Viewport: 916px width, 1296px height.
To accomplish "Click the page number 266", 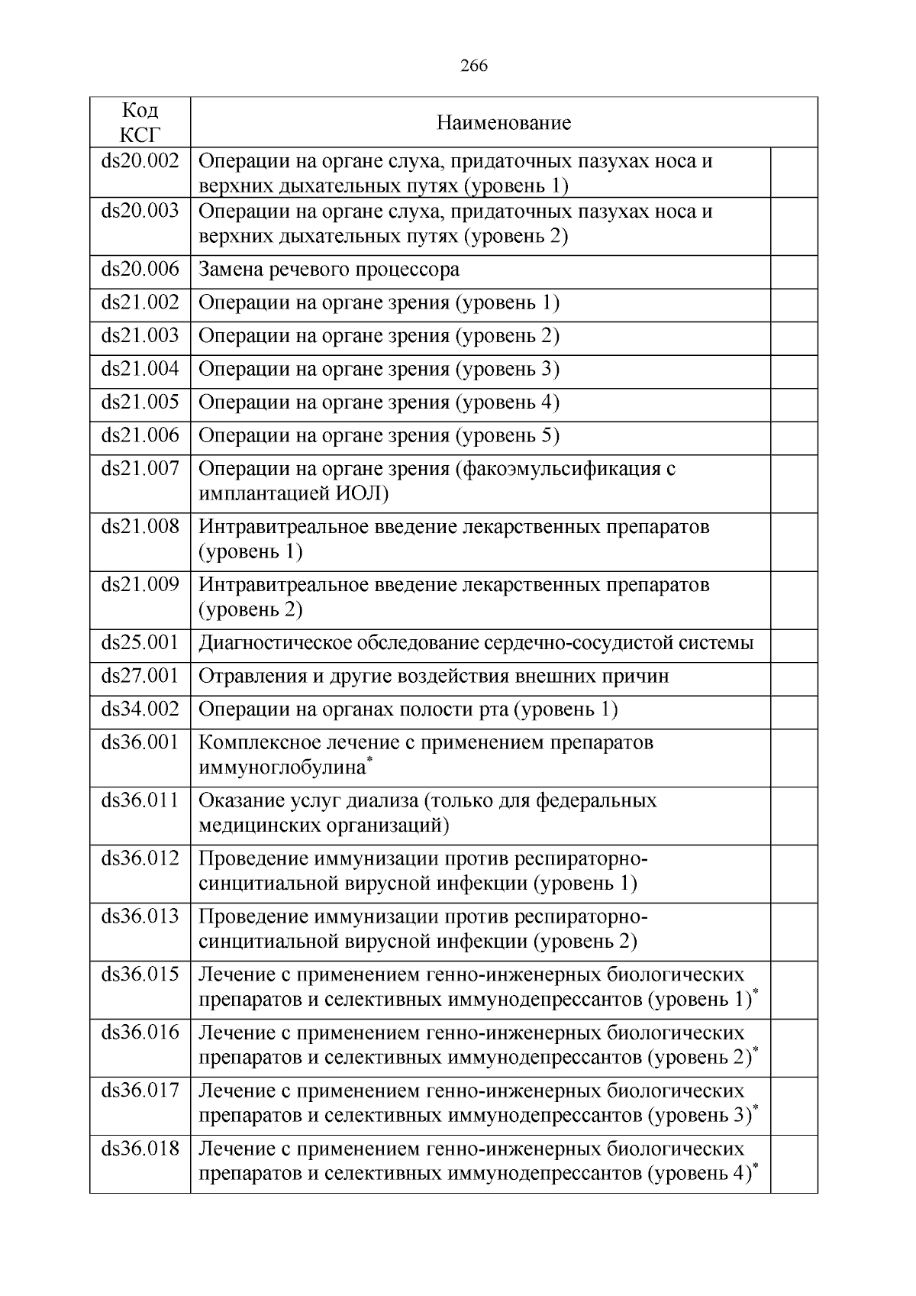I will pos(474,66).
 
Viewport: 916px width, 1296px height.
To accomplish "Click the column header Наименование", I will pos(503,123).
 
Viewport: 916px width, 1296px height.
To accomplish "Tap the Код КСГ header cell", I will pos(140,122).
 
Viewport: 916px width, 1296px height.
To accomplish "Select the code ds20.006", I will pos(140,269).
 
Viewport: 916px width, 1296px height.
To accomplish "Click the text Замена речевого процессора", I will pos(329,270).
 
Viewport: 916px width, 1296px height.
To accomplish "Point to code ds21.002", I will pos(140,302).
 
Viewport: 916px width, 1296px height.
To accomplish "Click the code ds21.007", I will pos(140,468).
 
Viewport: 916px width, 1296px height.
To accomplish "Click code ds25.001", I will pos(140,642).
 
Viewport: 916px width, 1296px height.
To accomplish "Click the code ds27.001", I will pos(140,676).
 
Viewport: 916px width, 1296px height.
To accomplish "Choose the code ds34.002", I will pos(140,709).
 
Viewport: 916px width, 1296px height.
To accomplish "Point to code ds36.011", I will pos(140,800).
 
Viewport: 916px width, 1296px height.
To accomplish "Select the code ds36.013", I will pos(140,916).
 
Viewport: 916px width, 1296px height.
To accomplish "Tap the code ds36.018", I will pos(140,1149).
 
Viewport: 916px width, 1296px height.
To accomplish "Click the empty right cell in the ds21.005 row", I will pos(794,402).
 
